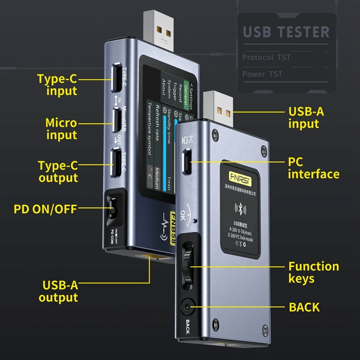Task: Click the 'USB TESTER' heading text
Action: [286, 32]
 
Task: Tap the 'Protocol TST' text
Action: [266, 57]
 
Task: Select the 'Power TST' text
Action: [262, 74]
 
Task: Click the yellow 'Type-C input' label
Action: [57, 85]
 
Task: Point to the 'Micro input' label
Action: [61, 129]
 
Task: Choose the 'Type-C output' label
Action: [58, 171]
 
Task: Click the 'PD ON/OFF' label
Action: [45, 208]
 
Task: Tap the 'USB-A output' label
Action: [58, 291]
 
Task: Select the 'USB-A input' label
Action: [306, 117]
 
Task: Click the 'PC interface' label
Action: [313, 168]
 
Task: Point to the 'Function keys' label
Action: [314, 272]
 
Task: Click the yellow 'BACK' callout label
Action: [304, 307]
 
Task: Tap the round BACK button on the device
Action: [186, 308]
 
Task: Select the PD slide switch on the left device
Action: [112, 208]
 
